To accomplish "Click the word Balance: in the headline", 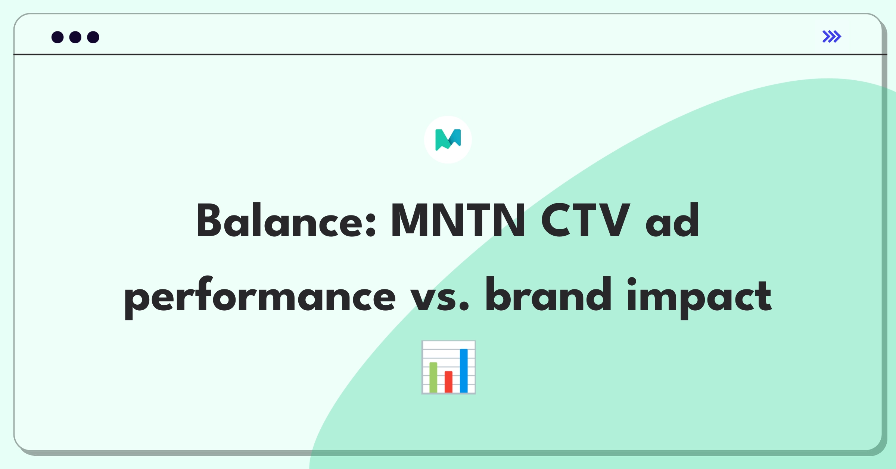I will coord(286,220).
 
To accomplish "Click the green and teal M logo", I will coord(448,140).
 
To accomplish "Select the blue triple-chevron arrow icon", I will coord(831,37).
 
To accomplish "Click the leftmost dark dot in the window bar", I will coord(57,37).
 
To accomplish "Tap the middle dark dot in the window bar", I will coord(75,37).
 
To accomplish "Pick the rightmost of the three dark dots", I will coord(93,37).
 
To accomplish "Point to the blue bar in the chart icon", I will coord(464,370).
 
